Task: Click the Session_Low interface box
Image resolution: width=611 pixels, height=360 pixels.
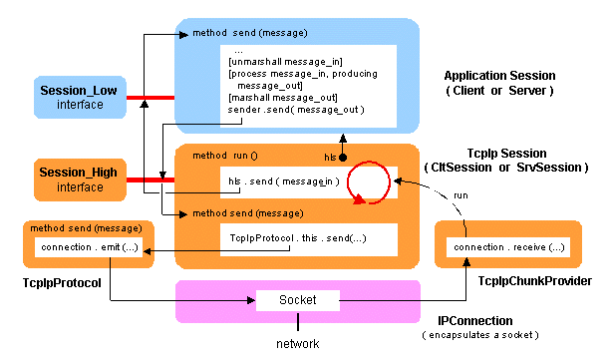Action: (78, 98)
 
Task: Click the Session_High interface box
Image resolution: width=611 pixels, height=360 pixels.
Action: (78, 180)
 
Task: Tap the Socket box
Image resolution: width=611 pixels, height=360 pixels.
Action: (298, 300)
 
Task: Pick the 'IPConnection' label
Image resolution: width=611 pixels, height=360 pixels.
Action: (475, 320)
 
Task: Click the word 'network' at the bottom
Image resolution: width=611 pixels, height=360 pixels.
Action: (299, 345)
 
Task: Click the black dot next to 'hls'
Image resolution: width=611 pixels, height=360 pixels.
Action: (342, 158)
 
